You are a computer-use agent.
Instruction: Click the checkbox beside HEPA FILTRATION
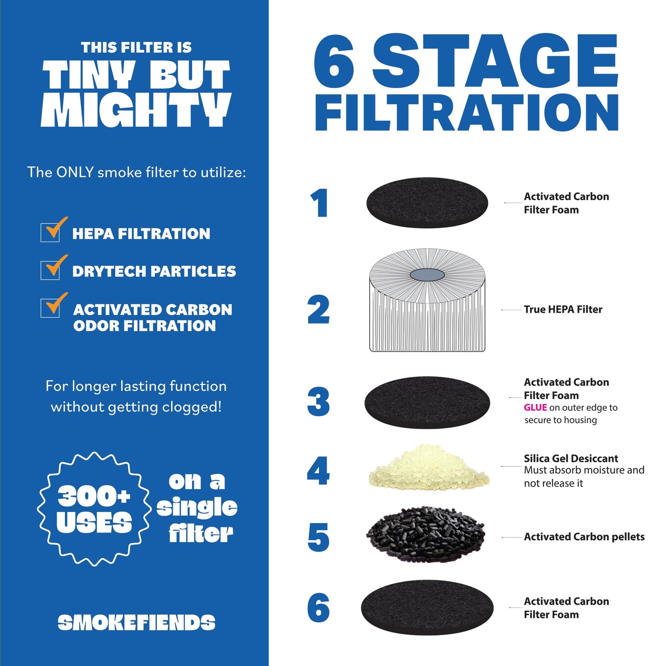tap(50, 232)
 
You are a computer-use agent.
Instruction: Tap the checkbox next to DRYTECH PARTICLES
tap(50, 270)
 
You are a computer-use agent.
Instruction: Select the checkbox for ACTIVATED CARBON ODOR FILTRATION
tap(50, 308)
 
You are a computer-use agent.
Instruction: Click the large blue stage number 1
tap(319, 203)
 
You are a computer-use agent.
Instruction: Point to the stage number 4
tap(318, 471)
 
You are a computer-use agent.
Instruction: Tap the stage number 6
tap(318, 607)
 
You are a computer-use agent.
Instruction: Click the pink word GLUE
tap(535, 407)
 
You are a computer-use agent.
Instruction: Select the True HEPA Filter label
tap(563, 310)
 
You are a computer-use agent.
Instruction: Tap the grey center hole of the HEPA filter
tap(427, 275)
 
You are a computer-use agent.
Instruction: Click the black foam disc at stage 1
tap(427, 203)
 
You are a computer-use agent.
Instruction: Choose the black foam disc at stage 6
tap(427, 607)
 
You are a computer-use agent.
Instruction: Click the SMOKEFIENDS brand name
tap(136, 623)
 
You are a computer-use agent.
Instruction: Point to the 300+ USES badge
tap(94, 509)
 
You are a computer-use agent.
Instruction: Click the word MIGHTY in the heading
tap(136, 111)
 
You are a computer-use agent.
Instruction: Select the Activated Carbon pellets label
tap(584, 537)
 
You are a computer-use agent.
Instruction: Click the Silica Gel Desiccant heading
tap(571, 459)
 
